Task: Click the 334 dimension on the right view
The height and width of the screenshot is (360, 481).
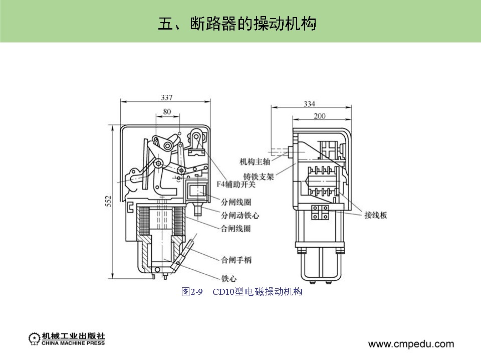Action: coord(309,104)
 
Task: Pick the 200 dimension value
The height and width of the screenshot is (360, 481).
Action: coord(319,116)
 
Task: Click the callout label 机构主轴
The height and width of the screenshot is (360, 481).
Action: coord(255,161)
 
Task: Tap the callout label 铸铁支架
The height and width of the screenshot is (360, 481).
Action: coord(259,177)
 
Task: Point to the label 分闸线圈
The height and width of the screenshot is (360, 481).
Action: coord(235,203)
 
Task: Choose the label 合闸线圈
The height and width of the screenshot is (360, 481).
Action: coord(235,228)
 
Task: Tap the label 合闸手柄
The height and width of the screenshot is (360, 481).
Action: coord(236,260)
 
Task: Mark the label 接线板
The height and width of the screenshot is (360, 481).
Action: coord(376,215)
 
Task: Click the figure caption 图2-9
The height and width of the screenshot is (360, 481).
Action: coord(191,292)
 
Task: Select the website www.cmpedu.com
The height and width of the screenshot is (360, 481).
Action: coord(411,344)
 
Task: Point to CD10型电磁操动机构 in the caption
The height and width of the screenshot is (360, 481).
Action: coord(258,292)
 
